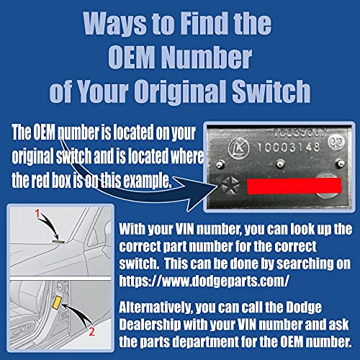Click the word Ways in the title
click(x=114, y=24)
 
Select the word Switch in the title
click(x=271, y=91)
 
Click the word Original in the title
click(x=180, y=92)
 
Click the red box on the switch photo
click(x=294, y=186)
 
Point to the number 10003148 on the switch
click(x=289, y=147)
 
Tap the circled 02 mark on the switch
click(x=336, y=142)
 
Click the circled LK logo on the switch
click(x=238, y=149)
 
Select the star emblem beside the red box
click(x=230, y=186)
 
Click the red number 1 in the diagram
click(x=37, y=213)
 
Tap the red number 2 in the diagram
click(x=91, y=331)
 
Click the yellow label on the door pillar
click(x=57, y=302)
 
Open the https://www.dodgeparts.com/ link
click(x=204, y=280)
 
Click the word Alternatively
click(x=156, y=307)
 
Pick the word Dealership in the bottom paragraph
click(x=150, y=325)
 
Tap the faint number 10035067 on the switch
click(x=300, y=132)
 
